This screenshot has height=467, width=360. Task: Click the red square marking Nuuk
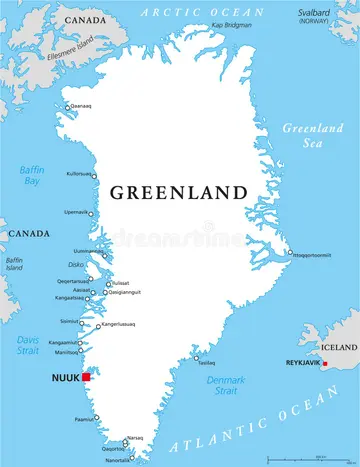pos(87,377)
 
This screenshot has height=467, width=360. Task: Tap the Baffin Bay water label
pos(31,177)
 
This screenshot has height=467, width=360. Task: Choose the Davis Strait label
pos(27,346)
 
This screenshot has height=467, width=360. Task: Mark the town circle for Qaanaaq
pos(68,107)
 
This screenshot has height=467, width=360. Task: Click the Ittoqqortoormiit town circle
pos(289,253)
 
